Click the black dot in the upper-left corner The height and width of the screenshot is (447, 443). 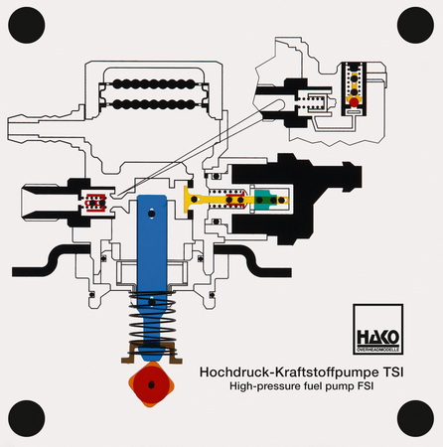[27, 25]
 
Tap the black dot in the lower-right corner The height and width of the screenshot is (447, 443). [415, 418]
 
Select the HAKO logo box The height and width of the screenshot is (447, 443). [377, 329]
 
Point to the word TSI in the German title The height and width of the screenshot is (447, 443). [393, 372]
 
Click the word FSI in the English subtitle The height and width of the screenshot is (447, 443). [366, 386]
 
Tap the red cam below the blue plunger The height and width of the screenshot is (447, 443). [151, 384]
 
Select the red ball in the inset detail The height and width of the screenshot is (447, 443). [354, 102]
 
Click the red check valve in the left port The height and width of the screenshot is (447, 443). [95, 202]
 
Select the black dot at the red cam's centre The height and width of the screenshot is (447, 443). [151, 385]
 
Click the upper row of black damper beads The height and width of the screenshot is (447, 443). [154, 83]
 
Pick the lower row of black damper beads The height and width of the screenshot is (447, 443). [154, 104]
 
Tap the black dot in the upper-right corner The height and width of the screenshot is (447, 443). [415, 25]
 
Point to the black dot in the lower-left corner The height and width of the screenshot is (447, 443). [27, 418]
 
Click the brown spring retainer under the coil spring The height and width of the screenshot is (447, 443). [152, 354]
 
